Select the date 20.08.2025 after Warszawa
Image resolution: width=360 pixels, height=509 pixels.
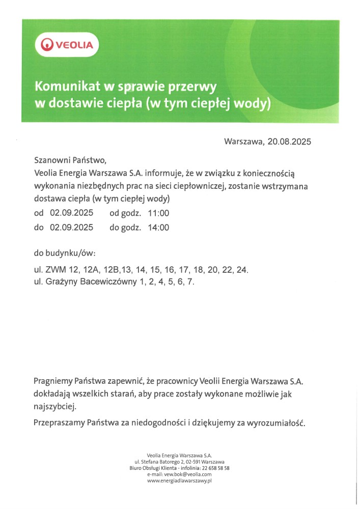click(x=289, y=141)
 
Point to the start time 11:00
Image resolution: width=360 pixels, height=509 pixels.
click(x=158, y=213)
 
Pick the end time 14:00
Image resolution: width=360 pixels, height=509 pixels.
click(x=158, y=228)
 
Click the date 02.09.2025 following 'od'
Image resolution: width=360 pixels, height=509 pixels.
click(x=71, y=213)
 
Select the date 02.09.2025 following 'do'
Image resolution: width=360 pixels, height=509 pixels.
click(x=71, y=228)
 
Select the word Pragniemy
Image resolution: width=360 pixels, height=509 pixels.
click(x=53, y=381)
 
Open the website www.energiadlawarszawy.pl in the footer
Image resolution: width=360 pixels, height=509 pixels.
click(x=179, y=480)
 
